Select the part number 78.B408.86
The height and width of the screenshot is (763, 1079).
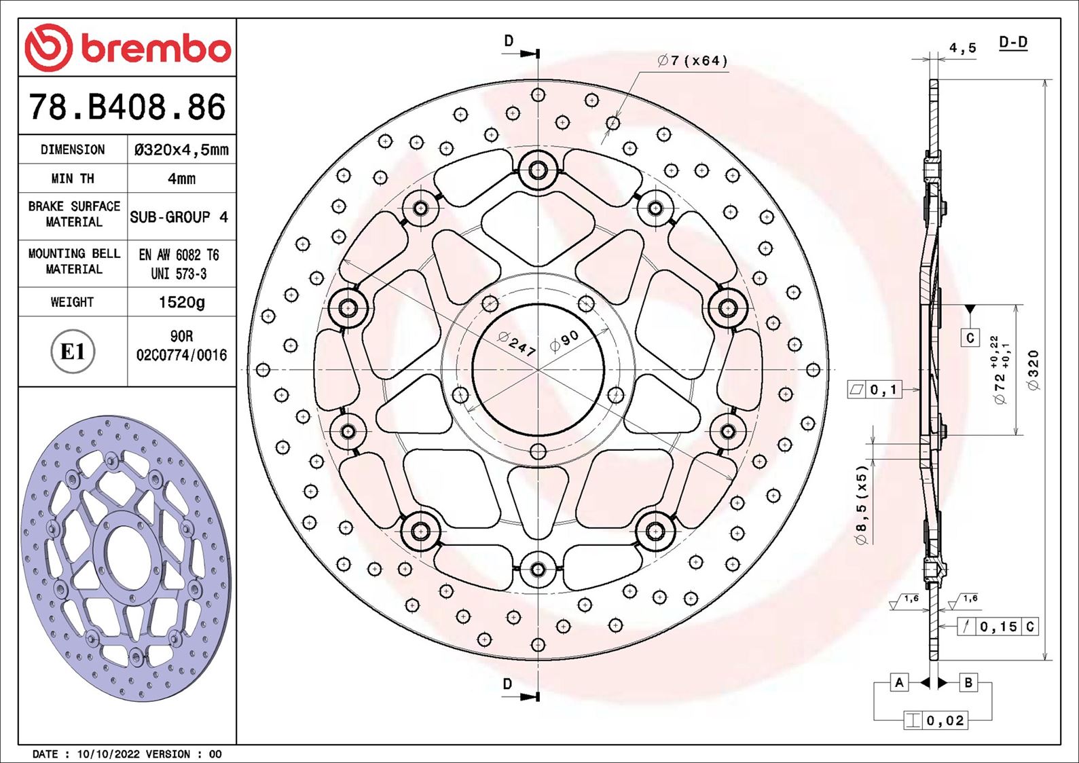click(127, 107)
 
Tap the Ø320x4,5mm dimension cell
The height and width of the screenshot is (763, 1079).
click(181, 149)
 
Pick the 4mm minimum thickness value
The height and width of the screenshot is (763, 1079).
click(181, 179)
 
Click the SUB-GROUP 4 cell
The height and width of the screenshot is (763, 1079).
click(179, 217)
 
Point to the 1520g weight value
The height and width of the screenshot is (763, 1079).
click(181, 302)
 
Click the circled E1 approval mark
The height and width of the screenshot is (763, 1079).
click(73, 352)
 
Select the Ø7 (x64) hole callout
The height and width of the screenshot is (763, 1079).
click(692, 61)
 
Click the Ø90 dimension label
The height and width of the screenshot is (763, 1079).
click(564, 341)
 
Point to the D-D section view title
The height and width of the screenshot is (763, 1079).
click(1013, 43)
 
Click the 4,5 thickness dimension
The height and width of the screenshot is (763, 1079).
click(962, 48)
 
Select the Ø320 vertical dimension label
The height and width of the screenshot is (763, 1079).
click(1034, 370)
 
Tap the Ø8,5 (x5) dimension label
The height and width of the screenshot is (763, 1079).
click(862, 504)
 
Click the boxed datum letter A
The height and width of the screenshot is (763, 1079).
click(899, 682)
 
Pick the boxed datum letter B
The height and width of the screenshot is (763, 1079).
click(968, 682)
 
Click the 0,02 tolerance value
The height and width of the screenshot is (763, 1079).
click(945, 720)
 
